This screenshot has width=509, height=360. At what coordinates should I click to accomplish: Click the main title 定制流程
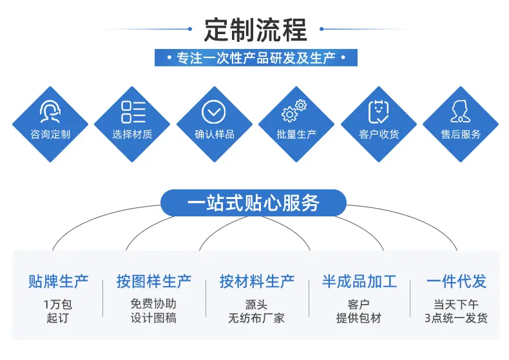pos(256,30)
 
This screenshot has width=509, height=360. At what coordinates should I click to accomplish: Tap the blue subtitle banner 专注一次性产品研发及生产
pos(256,58)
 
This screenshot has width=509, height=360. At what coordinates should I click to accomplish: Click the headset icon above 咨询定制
pos(50,111)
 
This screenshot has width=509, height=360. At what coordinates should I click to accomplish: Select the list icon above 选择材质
pos(133,112)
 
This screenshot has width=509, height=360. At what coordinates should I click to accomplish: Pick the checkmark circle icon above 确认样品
pos(214,112)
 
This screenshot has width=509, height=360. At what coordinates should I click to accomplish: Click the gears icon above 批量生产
pos(294,111)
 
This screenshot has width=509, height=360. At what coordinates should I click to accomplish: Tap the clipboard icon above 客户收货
pos(378,112)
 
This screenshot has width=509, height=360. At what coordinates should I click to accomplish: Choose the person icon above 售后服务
pos(460,111)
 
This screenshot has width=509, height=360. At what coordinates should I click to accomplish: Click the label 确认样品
pos(215,134)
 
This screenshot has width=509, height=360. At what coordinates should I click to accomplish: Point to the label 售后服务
pos(461,134)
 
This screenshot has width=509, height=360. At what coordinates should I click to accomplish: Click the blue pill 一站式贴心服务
pos(253,203)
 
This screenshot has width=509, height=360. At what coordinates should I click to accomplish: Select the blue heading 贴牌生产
pos(59,281)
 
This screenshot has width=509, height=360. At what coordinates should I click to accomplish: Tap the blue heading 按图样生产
pos(154,281)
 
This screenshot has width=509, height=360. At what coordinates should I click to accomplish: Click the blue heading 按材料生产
pos(257,281)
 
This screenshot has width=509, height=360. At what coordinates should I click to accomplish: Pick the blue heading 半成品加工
pos(360,281)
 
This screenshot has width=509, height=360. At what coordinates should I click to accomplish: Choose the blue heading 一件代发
pos(456,281)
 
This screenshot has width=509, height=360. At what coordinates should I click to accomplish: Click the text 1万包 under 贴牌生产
pos(58,304)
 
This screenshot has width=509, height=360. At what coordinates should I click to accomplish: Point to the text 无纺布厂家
pos(256,318)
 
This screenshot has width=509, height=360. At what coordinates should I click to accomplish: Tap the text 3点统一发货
pos(456,318)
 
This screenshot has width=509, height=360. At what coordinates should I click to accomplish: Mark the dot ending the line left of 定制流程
pos(190,29)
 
